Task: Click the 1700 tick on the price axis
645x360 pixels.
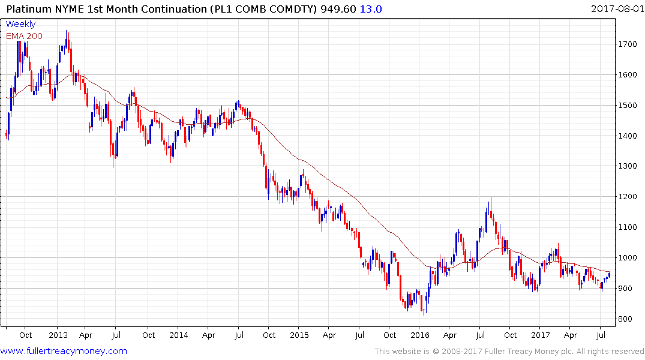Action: tap(628, 44)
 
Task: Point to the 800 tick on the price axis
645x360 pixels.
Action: tap(626, 319)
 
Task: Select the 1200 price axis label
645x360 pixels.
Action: tap(628, 197)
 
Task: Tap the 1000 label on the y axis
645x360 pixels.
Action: tap(628, 258)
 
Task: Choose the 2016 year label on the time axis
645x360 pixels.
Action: tap(420, 335)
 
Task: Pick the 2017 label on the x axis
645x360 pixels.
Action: tap(541, 335)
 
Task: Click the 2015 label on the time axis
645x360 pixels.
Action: tap(299, 335)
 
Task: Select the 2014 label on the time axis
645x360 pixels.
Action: tap(178, 335)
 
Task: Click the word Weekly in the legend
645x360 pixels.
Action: tap(20, 24)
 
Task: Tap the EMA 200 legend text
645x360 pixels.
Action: tap(24, 36)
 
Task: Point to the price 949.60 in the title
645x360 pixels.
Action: tap(340, 9)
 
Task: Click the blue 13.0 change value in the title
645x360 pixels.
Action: tap(370, 9)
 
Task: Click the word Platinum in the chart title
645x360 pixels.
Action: tap(29, 9)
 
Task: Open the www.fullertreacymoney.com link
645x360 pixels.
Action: tap(64, 351)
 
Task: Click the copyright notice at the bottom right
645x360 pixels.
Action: tap(509, 352)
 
